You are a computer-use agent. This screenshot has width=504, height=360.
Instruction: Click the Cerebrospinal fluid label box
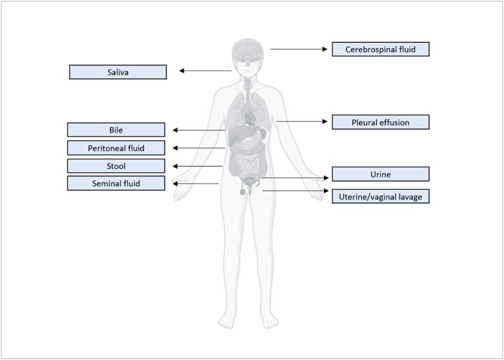click(380, 49)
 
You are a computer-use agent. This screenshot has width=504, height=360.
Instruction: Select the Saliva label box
click(117, 72)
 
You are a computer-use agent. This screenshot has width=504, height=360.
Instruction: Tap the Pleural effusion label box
click(380, 122)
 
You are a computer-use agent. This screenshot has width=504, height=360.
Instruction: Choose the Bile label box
click(116, 130)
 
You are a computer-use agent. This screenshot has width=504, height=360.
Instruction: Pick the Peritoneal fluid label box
click(116, 148)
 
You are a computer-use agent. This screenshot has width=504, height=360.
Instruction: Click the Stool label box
click(116, 166)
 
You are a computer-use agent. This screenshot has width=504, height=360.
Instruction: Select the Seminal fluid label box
click(116, 183)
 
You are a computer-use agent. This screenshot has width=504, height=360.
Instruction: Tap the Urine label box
click(380, 174)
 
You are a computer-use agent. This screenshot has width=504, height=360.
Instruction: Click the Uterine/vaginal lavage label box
click(380, 196)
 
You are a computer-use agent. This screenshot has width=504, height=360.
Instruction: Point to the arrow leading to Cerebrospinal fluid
click(299, 49)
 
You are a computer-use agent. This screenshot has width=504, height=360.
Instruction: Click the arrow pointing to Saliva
click(205, 71)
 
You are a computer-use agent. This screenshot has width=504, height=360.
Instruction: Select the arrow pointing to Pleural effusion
click(301, 121)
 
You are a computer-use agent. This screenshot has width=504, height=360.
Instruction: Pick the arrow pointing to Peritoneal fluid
click(199, 148)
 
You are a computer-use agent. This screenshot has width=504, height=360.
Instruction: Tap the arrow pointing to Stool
click(197, 166)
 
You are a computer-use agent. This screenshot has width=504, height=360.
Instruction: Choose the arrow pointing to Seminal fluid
click(195, 183)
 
